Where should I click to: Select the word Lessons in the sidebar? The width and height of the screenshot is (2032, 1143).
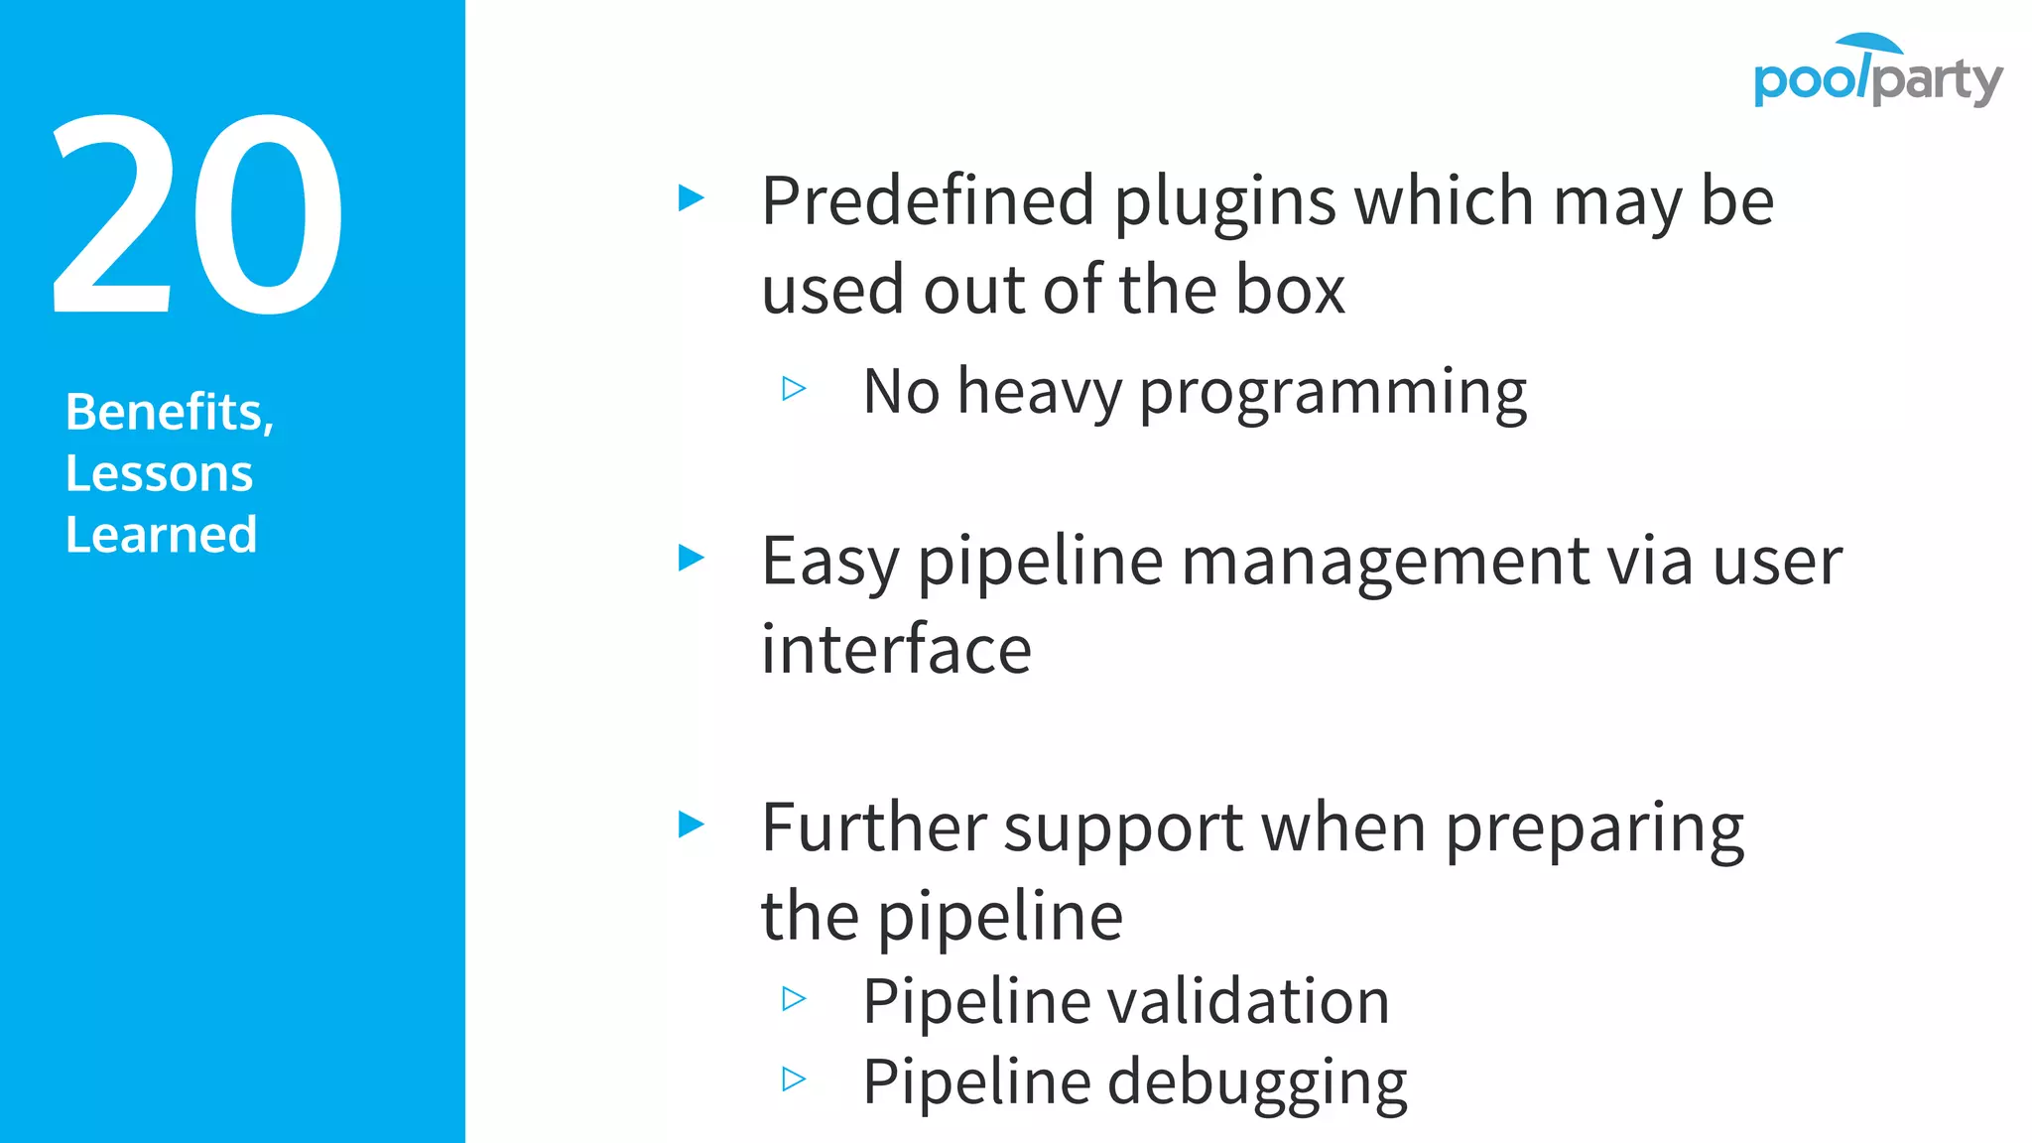coord(159,473)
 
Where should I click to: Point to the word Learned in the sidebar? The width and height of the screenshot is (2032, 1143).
coord(161,535)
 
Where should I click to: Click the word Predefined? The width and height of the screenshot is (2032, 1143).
coord(927,201)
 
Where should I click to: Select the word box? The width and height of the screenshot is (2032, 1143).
coord(1290,290)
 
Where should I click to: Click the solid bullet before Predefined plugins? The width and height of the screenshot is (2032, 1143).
coord(691,197)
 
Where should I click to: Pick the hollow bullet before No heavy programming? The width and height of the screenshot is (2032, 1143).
coord(794,388)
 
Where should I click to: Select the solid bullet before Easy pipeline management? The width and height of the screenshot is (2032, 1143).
coord(691,558)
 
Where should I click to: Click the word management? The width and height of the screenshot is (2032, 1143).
coord(1385,563)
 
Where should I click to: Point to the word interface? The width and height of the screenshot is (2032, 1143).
coord(896,650)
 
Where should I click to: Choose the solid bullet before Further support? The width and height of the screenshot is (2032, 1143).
coord(691,824)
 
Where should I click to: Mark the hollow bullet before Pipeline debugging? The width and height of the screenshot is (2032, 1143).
coord(794,1079)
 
